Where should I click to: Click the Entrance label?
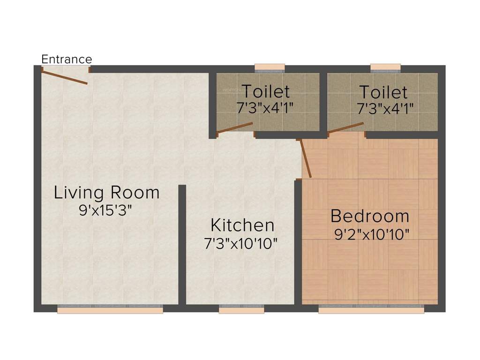click(x=67, y=60)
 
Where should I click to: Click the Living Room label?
click(x=107, y=193)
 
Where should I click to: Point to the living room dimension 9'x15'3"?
click(x=107, y=210)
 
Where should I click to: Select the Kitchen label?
click(x=242, y=225)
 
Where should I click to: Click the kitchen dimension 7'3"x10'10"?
click(x=241, y=243)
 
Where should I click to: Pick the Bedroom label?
click(x=370, y=217)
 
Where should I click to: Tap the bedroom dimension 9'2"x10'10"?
click(x=370, y=233)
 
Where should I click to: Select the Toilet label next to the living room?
click(x=265, y=91)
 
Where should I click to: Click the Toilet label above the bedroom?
click(x=383, y=91)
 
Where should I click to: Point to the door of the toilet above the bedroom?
click(x=346, y=127)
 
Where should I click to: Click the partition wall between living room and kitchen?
click(x=182, y=244)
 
